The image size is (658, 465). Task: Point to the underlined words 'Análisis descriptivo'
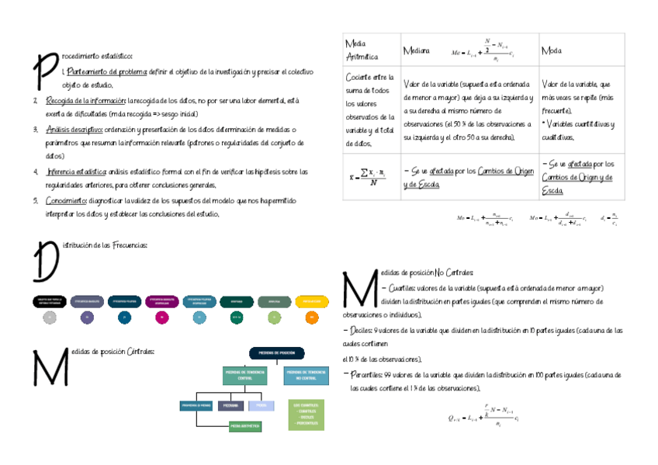[x=74, y=129]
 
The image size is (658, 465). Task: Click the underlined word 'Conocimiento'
[x=66, y=200]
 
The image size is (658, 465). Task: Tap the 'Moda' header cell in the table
[x=552, y=50]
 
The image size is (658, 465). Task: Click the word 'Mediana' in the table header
[x=416, y=50]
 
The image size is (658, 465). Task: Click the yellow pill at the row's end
[x=311, y=300]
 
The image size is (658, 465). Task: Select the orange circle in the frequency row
[x=311, y=317]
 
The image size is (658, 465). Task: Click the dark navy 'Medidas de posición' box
[x=276, y=353]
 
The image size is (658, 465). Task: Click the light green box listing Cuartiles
[x=306, y=415]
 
